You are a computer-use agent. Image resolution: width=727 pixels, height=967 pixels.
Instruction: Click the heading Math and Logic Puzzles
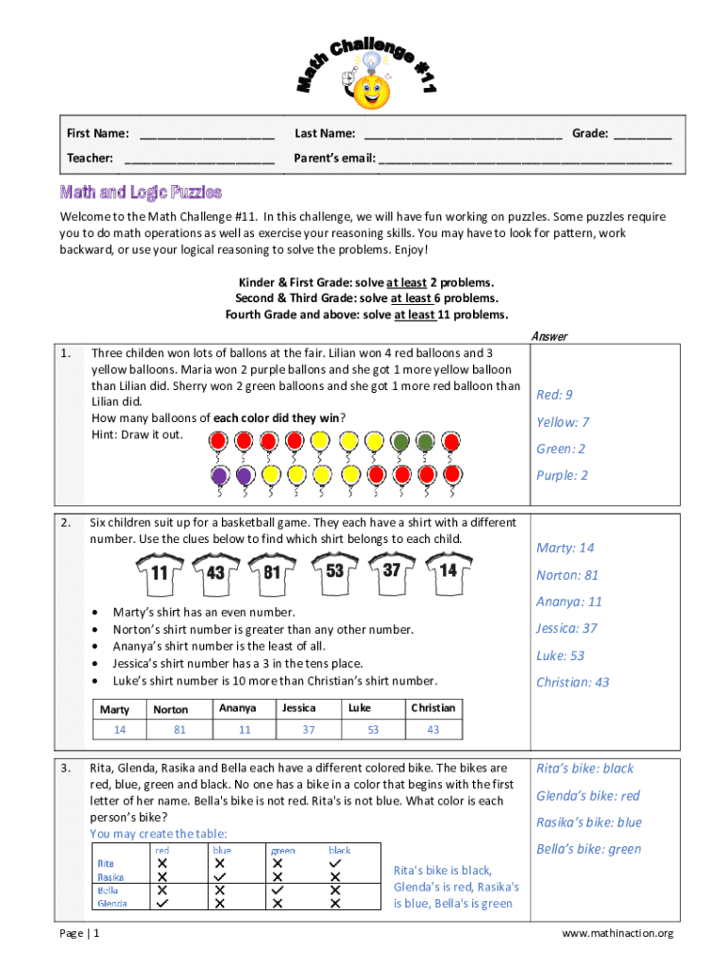coord(141,193)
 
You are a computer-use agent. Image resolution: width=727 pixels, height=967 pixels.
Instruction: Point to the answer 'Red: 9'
coord(554,395)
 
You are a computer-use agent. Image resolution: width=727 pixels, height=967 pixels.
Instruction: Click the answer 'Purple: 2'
coord(562,475)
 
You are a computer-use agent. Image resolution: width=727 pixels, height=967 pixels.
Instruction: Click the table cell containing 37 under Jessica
coord(309,730)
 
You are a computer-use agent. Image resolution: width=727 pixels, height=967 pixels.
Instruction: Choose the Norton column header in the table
coord(171,708)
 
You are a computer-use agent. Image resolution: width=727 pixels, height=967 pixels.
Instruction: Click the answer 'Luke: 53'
coord(560,655)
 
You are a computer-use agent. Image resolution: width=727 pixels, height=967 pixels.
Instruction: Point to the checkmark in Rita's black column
coord(335,863)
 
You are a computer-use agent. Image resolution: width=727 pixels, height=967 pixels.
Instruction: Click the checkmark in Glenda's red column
coord(162,903)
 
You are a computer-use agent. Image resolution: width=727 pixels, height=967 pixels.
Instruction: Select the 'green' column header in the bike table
coord(282,850)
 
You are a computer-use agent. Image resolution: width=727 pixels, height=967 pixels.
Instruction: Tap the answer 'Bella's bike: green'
coord(588,849)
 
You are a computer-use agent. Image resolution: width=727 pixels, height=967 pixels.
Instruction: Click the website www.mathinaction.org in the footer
coord(617,934)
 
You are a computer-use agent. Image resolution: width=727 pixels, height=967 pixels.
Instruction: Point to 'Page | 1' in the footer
coord(80,934)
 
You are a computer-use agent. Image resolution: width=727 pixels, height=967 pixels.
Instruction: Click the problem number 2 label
coord(66,522)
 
